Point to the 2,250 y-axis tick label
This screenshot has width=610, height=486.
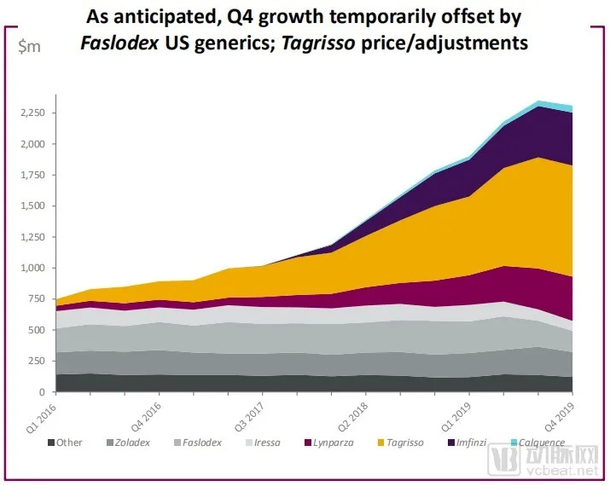pyautogui.click(x=32, y=113)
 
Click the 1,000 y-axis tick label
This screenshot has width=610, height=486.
pyautogui.click(x=32, y=268)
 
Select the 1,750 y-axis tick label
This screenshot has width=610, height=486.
pyautogui.click(x=32, y=176)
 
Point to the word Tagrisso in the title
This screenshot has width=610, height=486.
pyautogui.click(x=342, y=43)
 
